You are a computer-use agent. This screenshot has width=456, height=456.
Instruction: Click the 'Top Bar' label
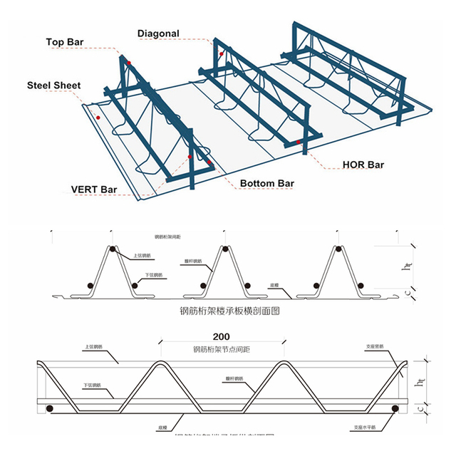[x=66, y=42]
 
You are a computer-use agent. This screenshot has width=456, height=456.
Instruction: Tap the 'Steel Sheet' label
[x=54, y=85]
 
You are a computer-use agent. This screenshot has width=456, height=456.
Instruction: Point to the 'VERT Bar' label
[x=94, y=190]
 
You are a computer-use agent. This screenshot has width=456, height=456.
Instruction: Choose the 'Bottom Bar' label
[x=267, y=184]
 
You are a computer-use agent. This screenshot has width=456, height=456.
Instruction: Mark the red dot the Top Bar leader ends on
[x=129, y=64]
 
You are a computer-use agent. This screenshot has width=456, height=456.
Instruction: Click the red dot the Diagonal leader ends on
[x=222, y=54]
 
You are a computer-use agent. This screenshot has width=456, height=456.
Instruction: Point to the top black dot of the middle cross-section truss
[x=226, y=249]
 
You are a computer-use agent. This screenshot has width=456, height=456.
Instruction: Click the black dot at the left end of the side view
[x=49, y=408]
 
